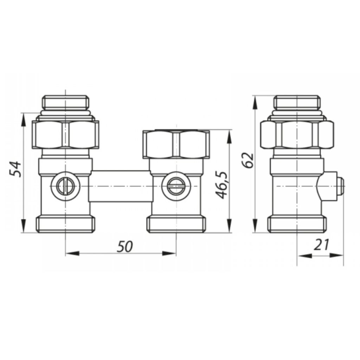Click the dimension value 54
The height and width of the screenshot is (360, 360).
[15, 169]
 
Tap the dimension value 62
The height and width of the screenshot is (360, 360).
[248, 160]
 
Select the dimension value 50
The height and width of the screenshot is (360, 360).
[125, 246]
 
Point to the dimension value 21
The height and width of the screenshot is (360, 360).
[321, 245]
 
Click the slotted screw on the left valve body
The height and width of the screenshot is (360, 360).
[66, 186]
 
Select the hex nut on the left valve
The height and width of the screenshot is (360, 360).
[65, 135]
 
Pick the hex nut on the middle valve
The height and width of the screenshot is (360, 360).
[176, 144]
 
